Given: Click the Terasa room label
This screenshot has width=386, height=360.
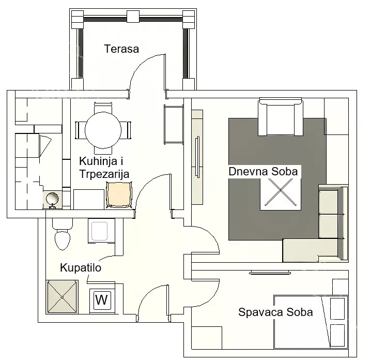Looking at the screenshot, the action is [x=121, y=49].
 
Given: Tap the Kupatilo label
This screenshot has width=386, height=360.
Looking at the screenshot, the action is [x=81, y=267].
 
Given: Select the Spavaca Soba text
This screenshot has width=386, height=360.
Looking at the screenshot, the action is [x=275, y=312].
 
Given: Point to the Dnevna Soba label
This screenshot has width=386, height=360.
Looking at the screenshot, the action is [x=263, y=172].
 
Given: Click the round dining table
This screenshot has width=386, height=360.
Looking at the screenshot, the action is [x=103, y=130].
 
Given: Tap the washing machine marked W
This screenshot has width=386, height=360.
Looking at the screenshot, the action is [x=102, y=300].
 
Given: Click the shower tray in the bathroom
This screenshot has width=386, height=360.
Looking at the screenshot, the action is [x=62, y=297].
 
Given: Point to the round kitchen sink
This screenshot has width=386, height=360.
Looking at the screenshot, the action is [x=52, y=198].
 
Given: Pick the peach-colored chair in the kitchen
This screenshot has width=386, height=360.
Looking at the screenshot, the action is [x=119, y=194].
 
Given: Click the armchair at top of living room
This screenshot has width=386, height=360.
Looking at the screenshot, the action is [x=281, y=116].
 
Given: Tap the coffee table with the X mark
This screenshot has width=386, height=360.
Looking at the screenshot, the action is [x=281, y=192].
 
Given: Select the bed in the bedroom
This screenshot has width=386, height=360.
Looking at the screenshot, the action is [x=311, y=322].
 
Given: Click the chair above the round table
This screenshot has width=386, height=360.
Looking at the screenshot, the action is [x=103, y=108].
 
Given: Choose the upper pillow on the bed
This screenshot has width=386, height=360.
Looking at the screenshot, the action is [x=337, y=309].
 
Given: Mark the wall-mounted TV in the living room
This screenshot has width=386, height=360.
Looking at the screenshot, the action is [x=197, y=157].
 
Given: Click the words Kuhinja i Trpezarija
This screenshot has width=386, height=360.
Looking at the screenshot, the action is [x=104, y=168].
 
